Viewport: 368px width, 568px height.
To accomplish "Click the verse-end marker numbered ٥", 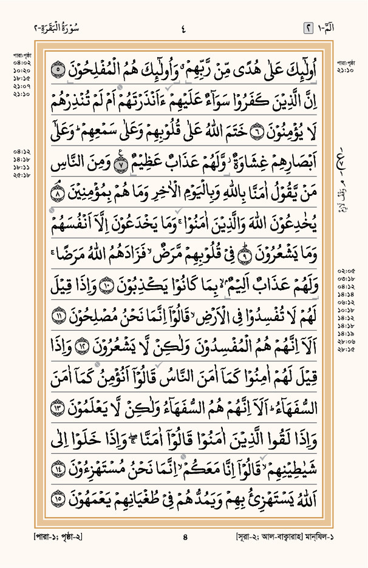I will coord(56,70).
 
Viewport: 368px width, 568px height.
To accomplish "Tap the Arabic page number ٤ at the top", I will coord(183,27).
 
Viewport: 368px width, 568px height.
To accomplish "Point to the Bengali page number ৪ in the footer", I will coord(185,536).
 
